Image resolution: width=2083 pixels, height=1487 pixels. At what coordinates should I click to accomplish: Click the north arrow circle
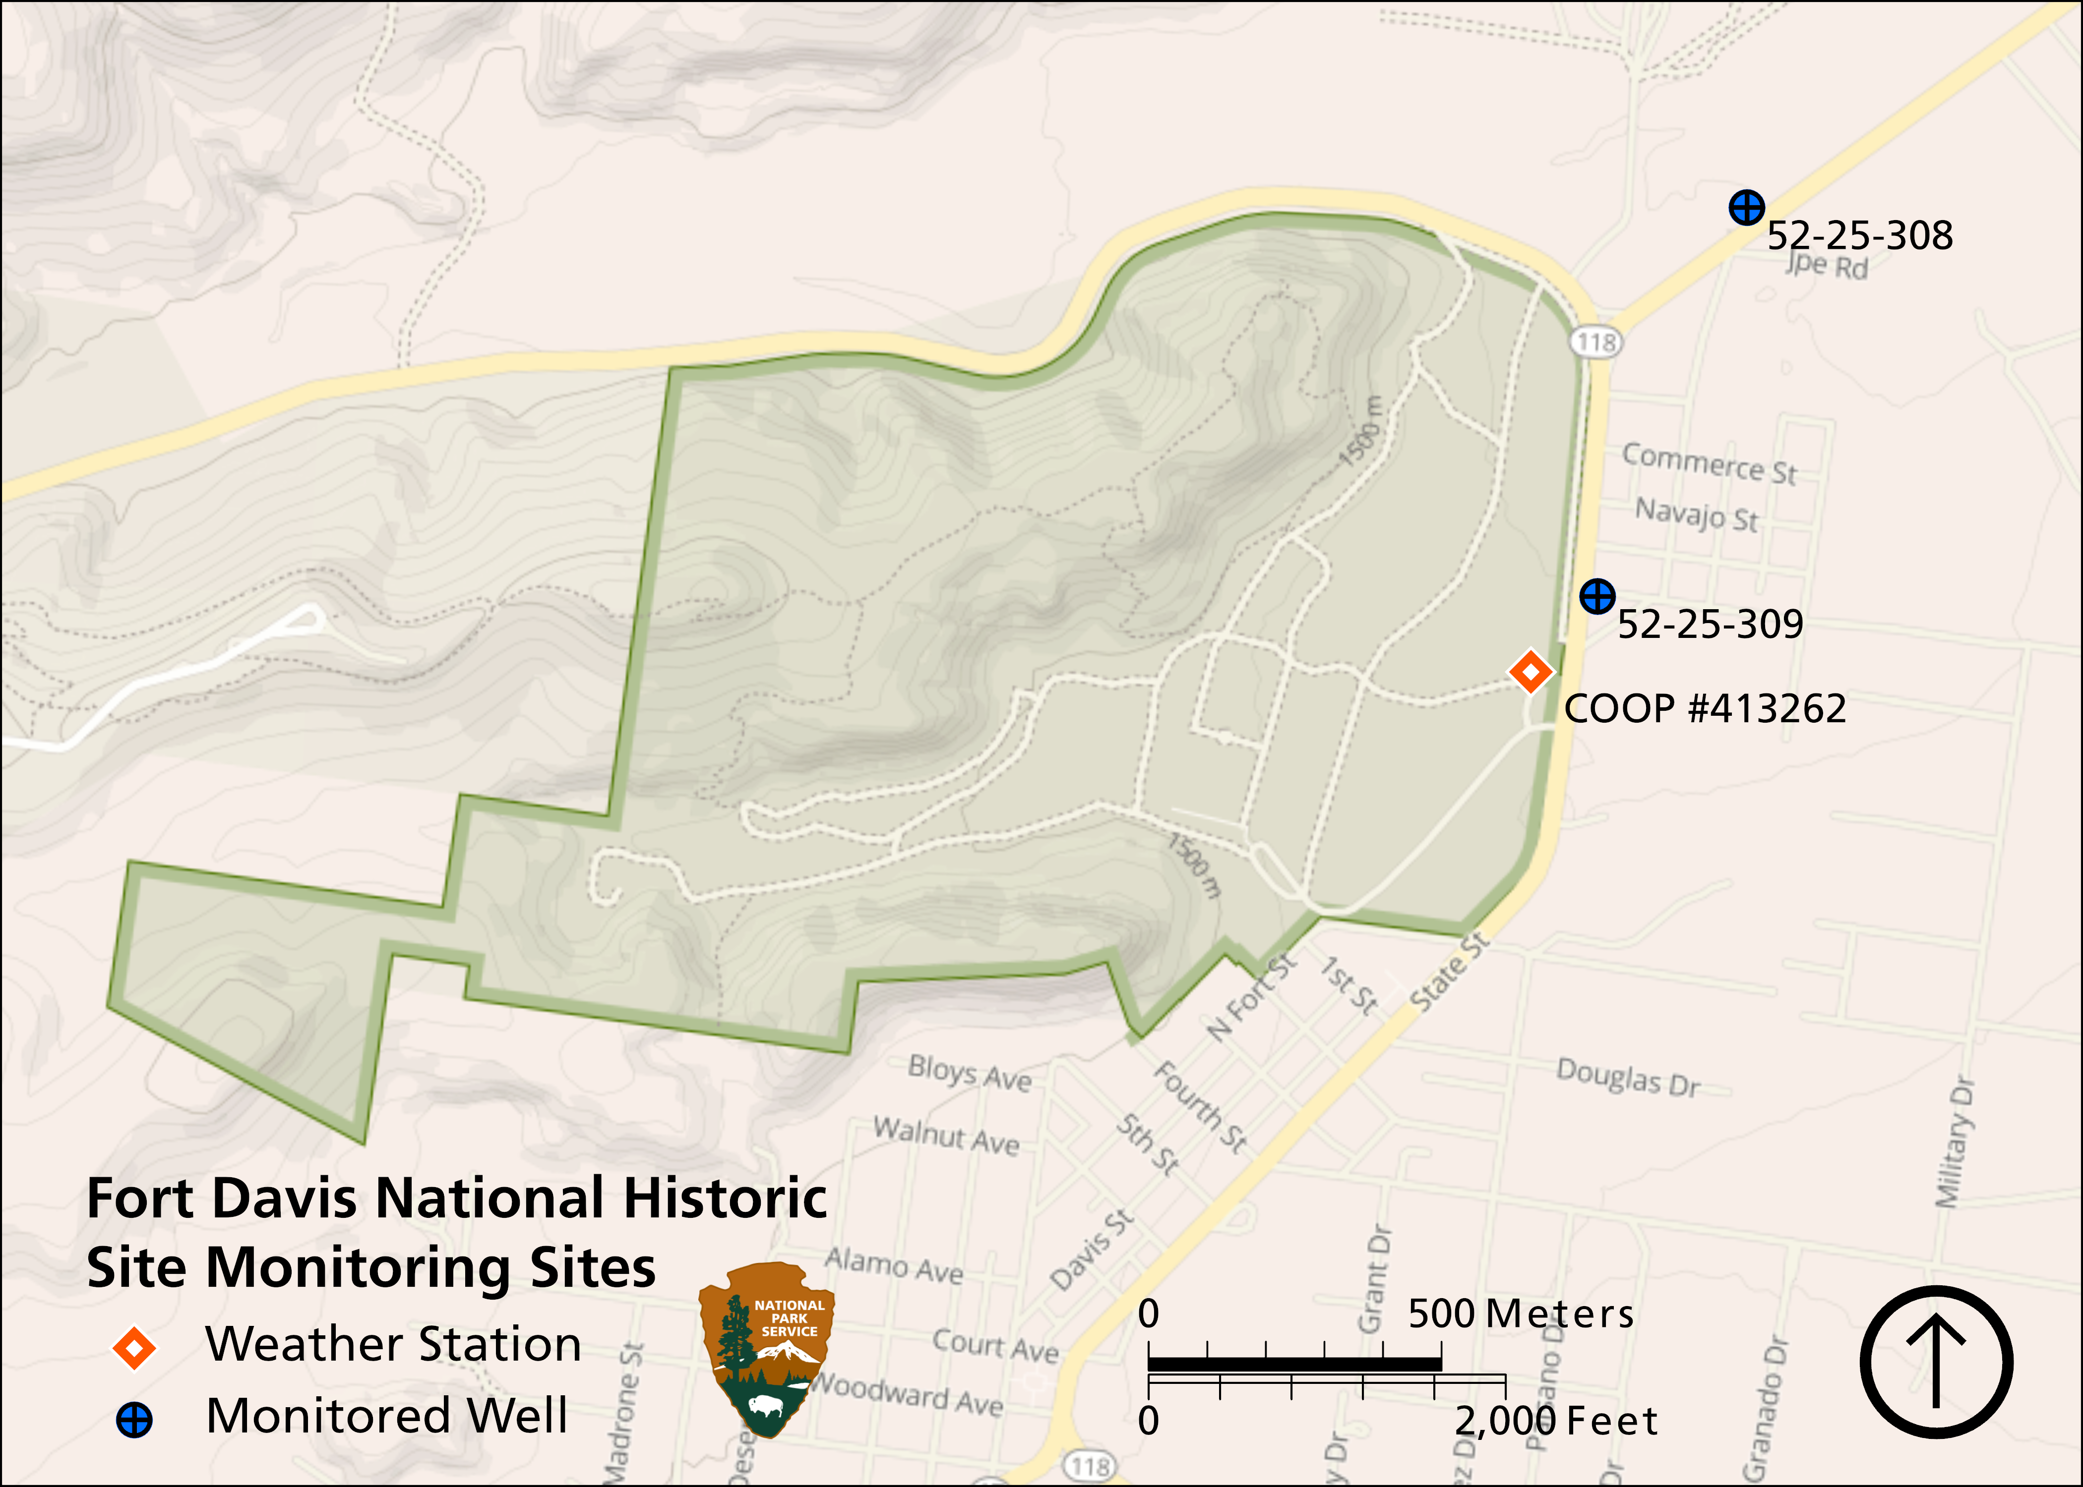(x=1936, y=1362)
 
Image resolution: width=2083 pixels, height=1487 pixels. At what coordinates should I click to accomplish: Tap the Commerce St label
(x=1709, y=464)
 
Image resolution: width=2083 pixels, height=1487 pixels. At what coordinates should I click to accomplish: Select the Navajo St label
(x=1697, y=515)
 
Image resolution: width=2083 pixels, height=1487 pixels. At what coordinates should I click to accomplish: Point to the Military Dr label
(x=1954, y=1143)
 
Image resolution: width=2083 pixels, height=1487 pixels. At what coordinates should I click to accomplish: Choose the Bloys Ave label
(x=969, y=1073)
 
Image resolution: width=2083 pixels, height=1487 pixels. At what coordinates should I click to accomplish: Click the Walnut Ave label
(x=945, y=1136)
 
